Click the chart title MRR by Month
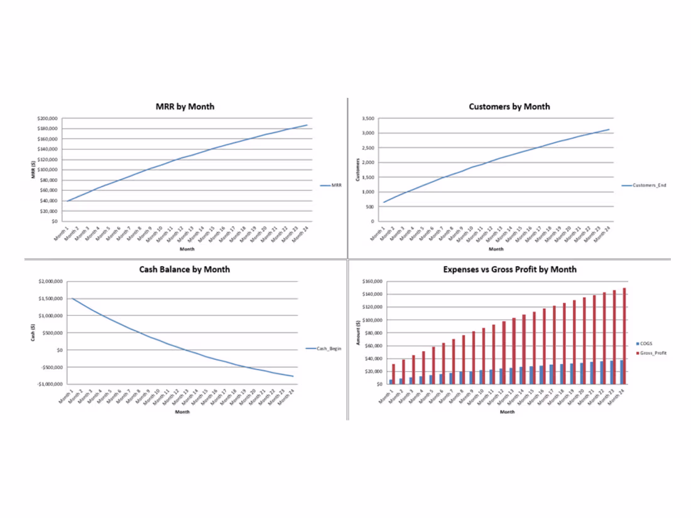click(185, 107)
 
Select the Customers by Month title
click(509, 107)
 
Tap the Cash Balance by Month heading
click(184, 269)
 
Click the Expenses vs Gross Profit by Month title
click(509, 269)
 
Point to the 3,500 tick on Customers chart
click(367, 118)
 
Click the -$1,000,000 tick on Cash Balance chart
click(49, 384)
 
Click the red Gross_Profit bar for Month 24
click(624, 336)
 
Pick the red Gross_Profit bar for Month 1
click(394, 374)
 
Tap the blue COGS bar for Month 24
click(621, 372)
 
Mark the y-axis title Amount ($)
click(357, 331)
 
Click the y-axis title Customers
click(357, 170)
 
